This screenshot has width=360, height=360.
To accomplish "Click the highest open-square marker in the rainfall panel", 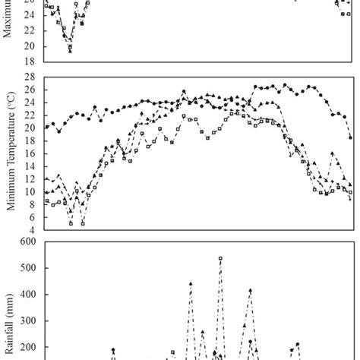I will (220, 258).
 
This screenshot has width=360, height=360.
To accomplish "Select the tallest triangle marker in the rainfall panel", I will (191, 284).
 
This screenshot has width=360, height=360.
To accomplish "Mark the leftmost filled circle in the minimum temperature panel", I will (46, 127).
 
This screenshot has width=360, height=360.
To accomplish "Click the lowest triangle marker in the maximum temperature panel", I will (70, 50).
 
